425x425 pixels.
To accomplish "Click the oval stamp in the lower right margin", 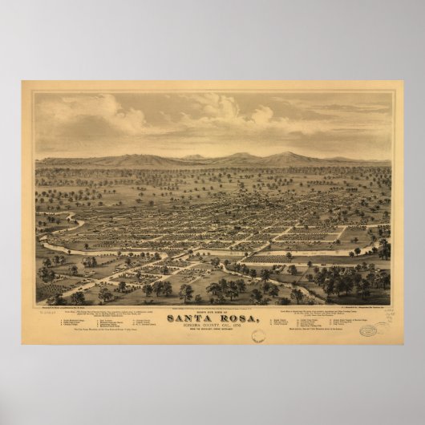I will [367, 330].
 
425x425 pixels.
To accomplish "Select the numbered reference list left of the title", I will [111, 325].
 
